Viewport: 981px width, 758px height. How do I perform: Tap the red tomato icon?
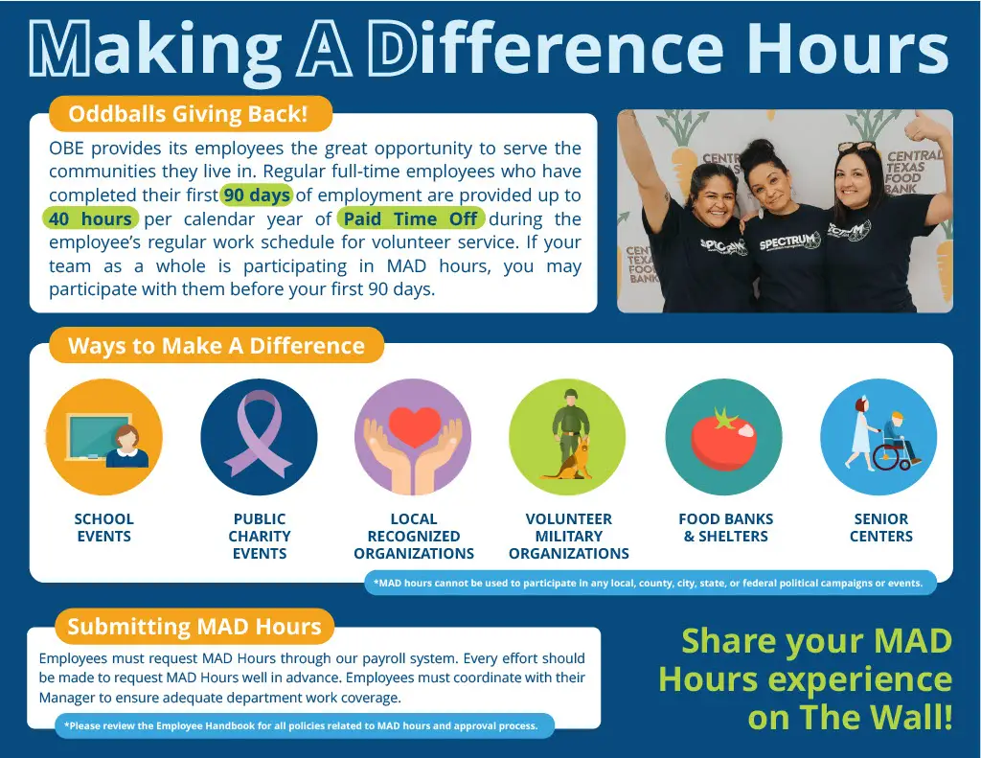point(723,437)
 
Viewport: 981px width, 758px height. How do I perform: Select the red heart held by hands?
point(414,425)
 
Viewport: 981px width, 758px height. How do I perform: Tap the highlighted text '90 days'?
point(257,195)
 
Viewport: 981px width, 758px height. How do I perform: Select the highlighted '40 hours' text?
point(90,219)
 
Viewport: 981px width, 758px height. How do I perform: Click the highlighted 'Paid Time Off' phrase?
point(410,219)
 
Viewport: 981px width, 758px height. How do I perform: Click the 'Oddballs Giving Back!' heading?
point(189,114)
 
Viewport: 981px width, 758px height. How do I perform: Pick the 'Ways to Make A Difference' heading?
point(217,346)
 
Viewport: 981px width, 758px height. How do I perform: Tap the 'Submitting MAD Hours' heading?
point(194,627)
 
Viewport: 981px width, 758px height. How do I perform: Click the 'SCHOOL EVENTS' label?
point(103,528)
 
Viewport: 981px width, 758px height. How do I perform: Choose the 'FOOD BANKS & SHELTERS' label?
point(726,528)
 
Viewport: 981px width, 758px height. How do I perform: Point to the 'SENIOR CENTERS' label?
point(881,528)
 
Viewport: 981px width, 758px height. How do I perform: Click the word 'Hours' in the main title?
point(849,48)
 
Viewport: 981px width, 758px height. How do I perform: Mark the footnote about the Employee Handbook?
point(301,726)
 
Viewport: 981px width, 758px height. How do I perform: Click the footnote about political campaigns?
point(649,584)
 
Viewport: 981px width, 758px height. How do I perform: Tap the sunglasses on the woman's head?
point(856,147)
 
